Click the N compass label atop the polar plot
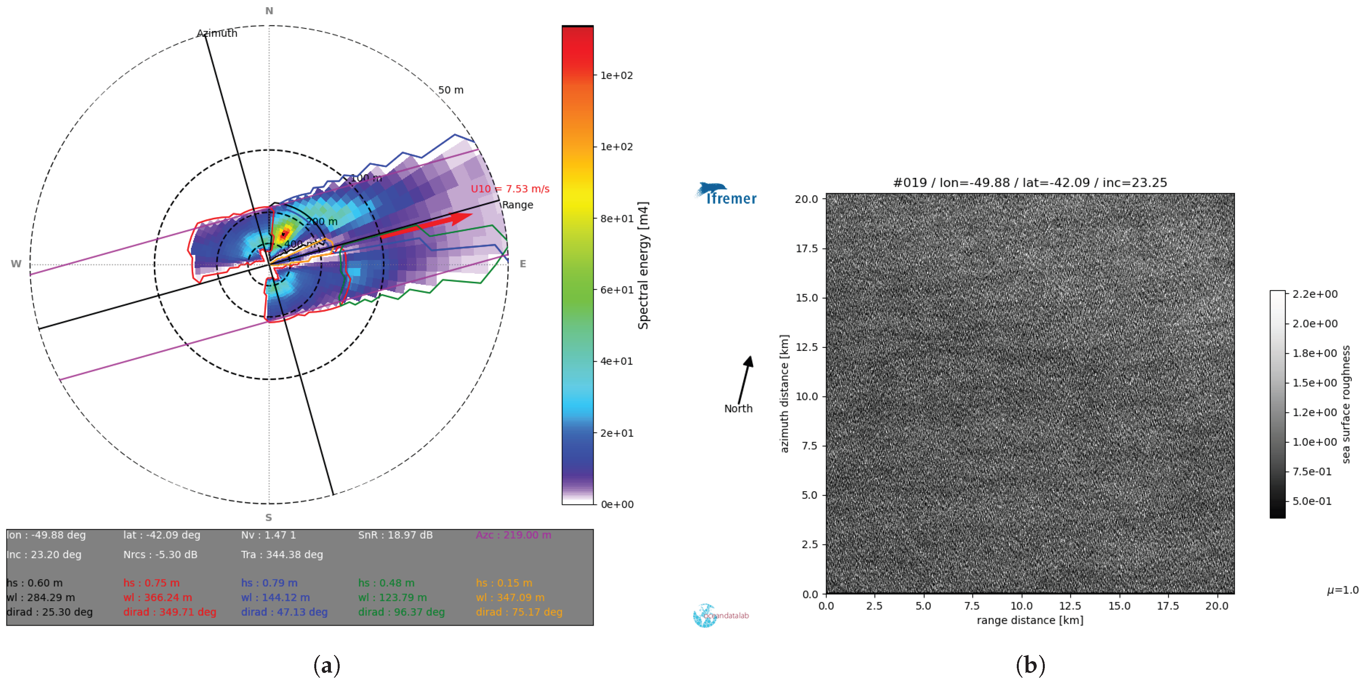(x=269, y=10)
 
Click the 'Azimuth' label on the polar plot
(x=217, y=33)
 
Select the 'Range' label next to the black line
(x=517, y=205)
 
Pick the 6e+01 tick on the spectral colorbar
(x=616, y=290)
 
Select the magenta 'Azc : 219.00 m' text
(x=513, y=535)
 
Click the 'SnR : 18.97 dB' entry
(x=395, y=535)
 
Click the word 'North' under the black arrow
(x=738, y=408)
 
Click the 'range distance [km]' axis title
(x=1030, y=620)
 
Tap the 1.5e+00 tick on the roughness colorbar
(x=1315, y=382)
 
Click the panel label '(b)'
(x=1030, y=665)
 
